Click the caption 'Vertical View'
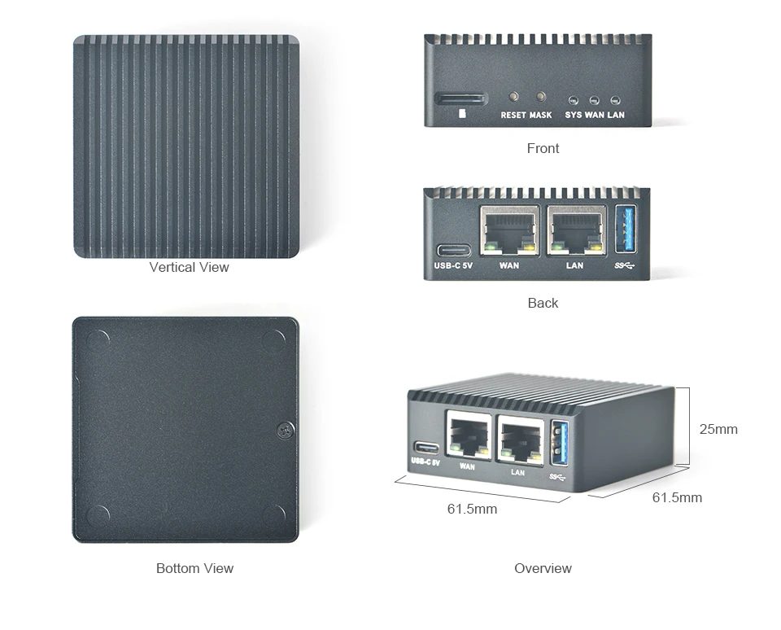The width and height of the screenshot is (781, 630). (x=189, y=267)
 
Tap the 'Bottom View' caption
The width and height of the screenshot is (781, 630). (x=194, y=568)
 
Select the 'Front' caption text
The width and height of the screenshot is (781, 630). (x=543, y=148)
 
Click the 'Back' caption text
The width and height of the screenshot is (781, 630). (x=543, y=303)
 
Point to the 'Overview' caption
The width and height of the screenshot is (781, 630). (x=543, y=568)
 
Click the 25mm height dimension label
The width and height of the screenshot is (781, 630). (x=718, y=429)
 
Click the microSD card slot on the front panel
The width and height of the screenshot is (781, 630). (x=460, y=99)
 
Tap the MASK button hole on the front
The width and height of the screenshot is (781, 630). (x=541, y=98)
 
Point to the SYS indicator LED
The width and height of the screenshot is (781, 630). (x=573, y=98)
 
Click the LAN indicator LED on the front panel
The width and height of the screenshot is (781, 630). (x=615, y=98)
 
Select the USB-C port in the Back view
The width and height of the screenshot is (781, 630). (x=453, y=250)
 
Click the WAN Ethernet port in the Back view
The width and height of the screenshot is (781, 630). (x=509, y=230)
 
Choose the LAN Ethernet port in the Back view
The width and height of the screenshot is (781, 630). (x=576, y=230)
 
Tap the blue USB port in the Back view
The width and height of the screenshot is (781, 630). (x=626, y=230)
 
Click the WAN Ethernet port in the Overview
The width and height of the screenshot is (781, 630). (x=469, y=435)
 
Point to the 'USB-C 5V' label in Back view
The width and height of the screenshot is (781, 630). (x=453, y=265)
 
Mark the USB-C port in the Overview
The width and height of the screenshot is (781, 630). (x=425, y=448)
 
